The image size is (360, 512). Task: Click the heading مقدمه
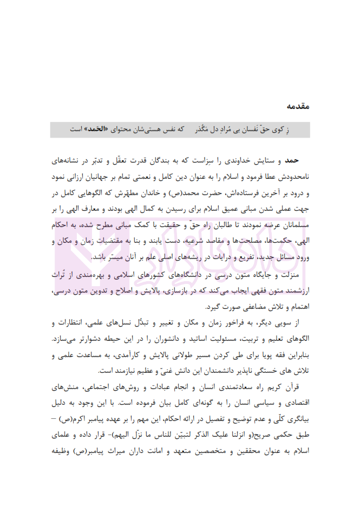point(297,106)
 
